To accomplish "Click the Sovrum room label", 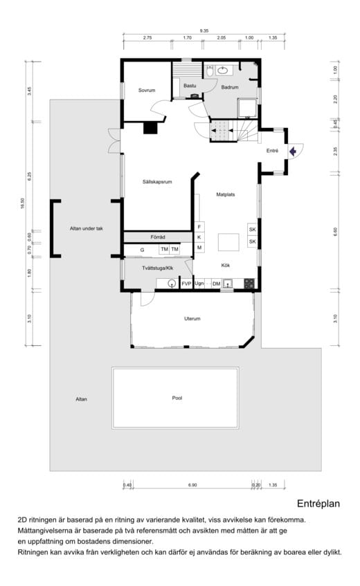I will coord(146,91).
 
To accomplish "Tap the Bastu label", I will coord(190,85).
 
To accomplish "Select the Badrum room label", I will coord(230,87).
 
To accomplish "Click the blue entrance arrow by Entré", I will coord(293,150).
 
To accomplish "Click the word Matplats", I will coord(225,194).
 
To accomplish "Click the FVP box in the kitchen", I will coord(186,284).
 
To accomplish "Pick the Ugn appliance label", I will coord(199,284).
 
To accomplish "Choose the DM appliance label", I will coord(216,284).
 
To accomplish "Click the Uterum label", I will coord(192,319).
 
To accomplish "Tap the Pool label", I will coord(177,398).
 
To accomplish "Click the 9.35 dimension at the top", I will coord(204,31).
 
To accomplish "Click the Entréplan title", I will coord(318,504).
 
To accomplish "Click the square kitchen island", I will coord(229,242).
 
